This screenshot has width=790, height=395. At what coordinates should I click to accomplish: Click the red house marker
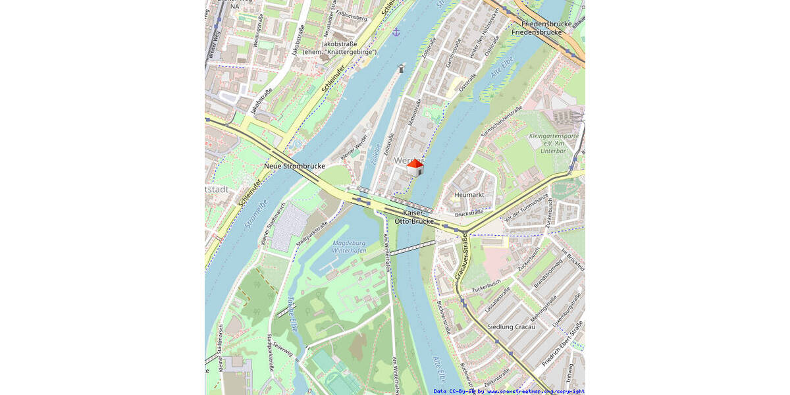(x=415, y=168)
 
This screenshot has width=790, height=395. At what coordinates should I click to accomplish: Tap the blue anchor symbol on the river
(x=396, y=32)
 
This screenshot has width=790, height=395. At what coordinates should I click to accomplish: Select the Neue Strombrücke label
(x=294, y=167)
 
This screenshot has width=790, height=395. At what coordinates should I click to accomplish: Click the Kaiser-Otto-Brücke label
(x=414, y=217)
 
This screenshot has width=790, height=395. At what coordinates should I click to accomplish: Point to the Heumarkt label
(x=469, y=194)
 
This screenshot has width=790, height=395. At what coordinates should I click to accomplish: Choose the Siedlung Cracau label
(x=513, y=327)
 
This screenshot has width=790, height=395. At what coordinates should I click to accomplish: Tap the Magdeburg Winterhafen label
(x=349, y=247)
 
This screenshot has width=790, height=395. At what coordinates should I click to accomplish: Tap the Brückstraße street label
(x=469, y=213)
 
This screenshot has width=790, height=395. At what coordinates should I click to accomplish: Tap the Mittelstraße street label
(x=414, y=113)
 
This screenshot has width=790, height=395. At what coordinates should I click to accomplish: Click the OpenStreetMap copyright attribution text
(x=509, y=391)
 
